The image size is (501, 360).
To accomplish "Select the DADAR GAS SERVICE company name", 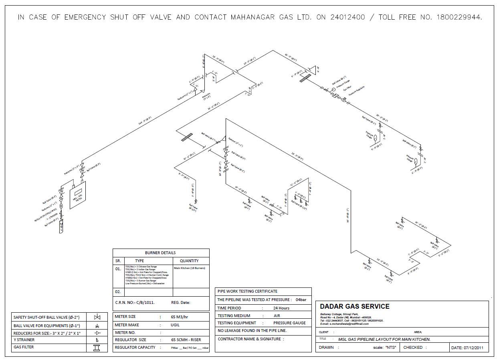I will pyautogui.click(x=354, y=306).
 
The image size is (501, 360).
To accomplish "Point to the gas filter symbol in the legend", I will pyautogui.click(x=97, y=348).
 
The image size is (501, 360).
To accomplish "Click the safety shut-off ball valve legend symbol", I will pyautogui.click(x=97, y=317).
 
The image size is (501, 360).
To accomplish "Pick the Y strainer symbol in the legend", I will pyautogui.click(x=97, y=340).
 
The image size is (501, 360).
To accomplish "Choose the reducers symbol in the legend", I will pyautogui.click(x=97, y=333).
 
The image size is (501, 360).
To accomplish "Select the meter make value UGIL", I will pyautogui.click(x=175, y=325).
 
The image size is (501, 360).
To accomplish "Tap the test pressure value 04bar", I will pyautogui.click(x=301, y=299).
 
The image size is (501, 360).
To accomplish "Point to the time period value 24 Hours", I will pyautogui.click(x=281, y=308).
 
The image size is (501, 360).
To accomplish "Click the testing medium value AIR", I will pyautogui.click(x=277, y=316).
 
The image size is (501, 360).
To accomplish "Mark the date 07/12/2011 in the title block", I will pyautogui.click(x=468, y=348).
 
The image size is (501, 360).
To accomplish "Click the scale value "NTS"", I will pyautogui.click(x=390, y=348).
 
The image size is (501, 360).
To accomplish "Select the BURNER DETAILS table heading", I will pyautogui.click(x=160, y=253).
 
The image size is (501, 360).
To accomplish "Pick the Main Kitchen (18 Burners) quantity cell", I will pyautogui.click(x=189, y=268).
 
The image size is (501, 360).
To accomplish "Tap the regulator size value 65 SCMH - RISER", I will pyautogui.click(x=186, y=340).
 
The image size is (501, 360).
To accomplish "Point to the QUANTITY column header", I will pyautogui.click(x=189, y=261).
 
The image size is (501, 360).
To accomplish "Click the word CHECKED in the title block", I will pyautogui.click(x=413, y=347).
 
